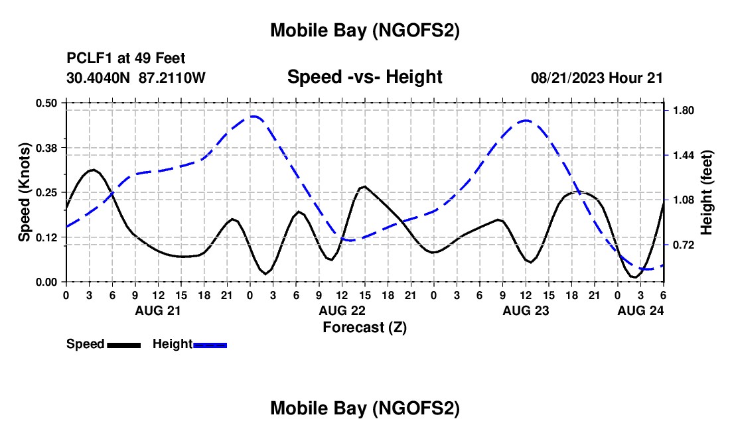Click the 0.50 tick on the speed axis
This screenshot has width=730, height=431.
coord(47,103)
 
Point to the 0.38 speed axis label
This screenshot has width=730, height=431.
coord(47,147)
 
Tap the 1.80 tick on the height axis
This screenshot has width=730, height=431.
coord(684,110)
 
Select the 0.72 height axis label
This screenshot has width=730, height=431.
coord(684,245)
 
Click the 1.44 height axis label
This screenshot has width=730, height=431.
coord(684,155)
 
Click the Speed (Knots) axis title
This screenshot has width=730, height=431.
coord(24,192)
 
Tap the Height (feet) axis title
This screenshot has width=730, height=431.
coord(706,192)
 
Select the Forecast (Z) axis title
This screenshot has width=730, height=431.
coord(364,327)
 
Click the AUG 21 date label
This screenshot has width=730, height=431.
coord(157,310)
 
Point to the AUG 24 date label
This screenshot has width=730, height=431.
coord(640,310)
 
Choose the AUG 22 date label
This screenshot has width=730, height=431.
coord(342,310)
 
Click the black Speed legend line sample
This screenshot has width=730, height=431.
coord(123,345)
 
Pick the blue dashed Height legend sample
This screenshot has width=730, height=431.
coord(210,345)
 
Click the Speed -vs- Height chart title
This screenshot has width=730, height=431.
coord(364,77)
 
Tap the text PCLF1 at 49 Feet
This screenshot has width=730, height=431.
coord(126,58)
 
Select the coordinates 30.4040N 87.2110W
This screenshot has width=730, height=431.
coord(136,78)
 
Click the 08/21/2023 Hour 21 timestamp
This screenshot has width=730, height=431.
coord(597,78)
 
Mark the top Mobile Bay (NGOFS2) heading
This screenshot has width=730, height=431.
coord(364,31)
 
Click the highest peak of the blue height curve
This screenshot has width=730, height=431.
coord(254,116)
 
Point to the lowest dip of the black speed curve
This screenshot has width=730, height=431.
coord(634,277)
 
